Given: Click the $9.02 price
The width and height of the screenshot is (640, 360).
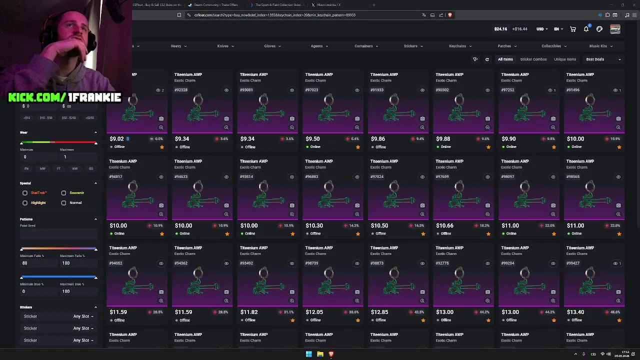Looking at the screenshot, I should click(x=116, y=139).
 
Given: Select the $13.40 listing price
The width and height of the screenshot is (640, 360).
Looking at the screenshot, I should click(x=575, y=312).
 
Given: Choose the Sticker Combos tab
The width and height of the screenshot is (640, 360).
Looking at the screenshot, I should click(x=533, y=59).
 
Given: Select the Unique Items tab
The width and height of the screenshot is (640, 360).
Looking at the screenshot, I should click(x=564, y=59).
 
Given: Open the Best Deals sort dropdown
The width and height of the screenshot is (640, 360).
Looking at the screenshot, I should click(x=603, y=59).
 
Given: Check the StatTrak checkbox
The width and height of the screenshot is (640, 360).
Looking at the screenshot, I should click(x=25, y=192).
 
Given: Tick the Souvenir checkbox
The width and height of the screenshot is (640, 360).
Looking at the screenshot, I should click(x=63, y=192).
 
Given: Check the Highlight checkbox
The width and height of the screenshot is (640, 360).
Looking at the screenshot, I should click(x=25, y=202).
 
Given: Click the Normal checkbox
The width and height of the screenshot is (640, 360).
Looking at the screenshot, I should click(x=63, y=202).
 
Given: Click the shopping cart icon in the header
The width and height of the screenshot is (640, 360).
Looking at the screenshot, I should click(x=573, y=29).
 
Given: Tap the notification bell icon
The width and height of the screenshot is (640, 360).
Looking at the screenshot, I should click(x=586, y=29).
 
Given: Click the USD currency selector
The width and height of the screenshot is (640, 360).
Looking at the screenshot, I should click(x=542, y=29).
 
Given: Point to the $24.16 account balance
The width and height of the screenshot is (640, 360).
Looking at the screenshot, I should click(x=500, y=29).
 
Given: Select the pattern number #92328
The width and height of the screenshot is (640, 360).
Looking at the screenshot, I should click(x=180, y=90).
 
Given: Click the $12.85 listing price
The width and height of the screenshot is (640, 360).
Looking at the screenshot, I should click(x=379, y=312).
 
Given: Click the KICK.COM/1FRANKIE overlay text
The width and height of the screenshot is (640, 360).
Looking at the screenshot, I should click(x=64, y=97).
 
